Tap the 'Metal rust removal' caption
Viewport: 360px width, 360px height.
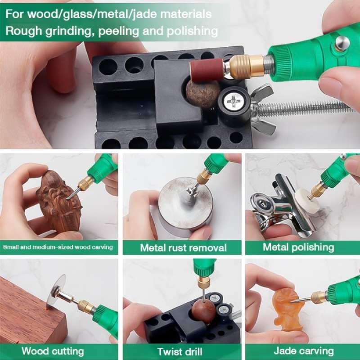(x=183, y=247)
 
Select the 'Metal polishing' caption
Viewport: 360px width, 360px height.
(x=298, y=247)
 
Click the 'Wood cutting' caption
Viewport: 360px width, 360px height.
(x=53, y=351)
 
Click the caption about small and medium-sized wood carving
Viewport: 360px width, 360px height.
(x=58, y=247)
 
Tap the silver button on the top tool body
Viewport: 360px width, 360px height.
(x=342, y=43)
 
